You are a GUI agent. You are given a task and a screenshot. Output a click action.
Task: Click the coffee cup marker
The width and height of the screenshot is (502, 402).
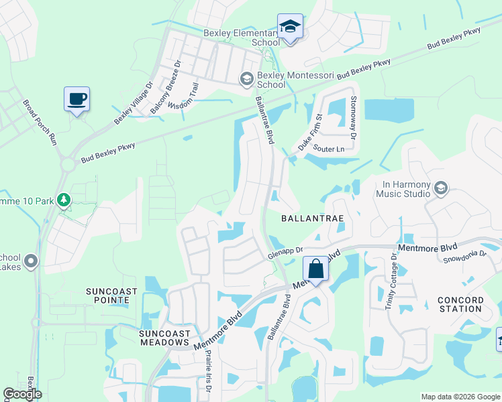coord(77,99)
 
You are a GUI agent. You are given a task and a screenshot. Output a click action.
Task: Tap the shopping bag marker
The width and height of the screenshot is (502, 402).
coord(315,269)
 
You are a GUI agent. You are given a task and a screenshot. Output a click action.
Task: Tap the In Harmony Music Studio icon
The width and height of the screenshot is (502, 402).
coord(440,187)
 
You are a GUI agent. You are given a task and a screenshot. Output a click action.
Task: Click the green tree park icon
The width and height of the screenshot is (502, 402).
coord(64,200)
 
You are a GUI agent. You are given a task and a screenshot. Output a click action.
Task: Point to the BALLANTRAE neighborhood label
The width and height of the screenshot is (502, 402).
coord(312,218)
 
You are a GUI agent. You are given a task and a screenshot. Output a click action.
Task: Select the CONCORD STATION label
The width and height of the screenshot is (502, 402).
coord(459,304)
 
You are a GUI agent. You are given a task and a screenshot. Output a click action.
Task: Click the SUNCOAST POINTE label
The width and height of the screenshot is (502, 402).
coord(111,295)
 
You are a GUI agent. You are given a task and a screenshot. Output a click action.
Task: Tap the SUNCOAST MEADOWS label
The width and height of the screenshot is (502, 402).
coord(164,338)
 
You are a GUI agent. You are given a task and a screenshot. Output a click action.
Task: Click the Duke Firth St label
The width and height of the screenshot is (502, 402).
coord(310,131)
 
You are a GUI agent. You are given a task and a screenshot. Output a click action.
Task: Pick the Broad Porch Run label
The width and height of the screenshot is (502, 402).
coord(40,123)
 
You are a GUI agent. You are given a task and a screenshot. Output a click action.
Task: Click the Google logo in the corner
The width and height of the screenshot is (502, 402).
coord(22,394)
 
